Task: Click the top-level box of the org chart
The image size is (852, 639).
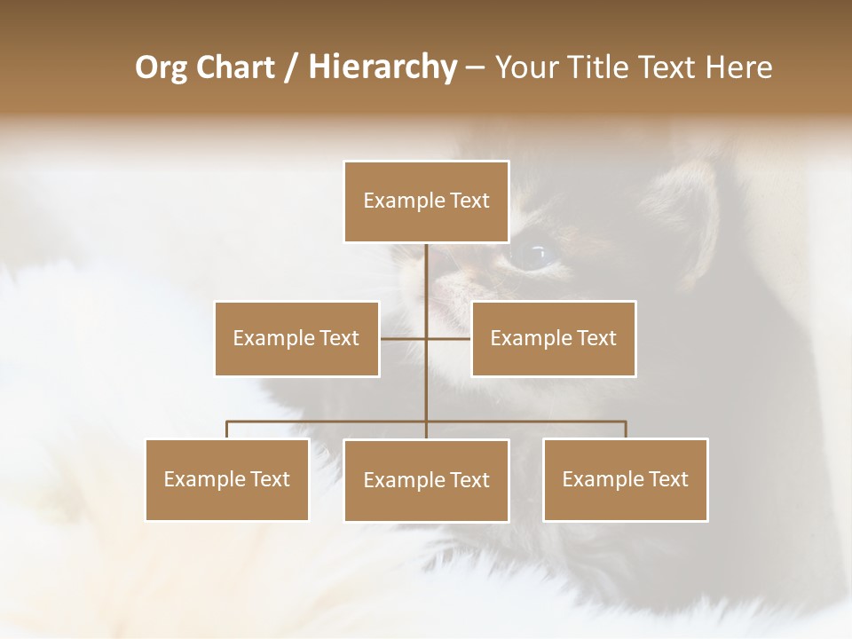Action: pyautogui.click(x=426, y=201)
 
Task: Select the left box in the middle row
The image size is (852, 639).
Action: pyautogui.click(x=296, y=338)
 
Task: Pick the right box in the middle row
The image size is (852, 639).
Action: pyautogui.click(x=553, y=338)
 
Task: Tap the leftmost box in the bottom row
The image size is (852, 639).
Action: pyautogui.click(x=227, y=479)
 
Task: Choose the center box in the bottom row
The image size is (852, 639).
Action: pyautogui.click(x=426, y=480)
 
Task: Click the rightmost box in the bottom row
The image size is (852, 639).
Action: pyautogui.click(x=625, y=479)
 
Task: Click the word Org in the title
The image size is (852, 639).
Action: pyautogui.click(x=162, y=67)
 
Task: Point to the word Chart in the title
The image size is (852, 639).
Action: pyautogui.click(x=235, y=67)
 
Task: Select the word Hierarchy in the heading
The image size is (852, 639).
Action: pyautogui.click(x=382, y=67)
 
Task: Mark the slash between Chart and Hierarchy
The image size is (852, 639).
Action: pyautogui.click(x=292, y=68)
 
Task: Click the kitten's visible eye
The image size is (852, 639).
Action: pyautogui.click(x=533, y=256)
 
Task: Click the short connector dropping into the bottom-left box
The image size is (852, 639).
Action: pyautogui.click(x=227, y=430)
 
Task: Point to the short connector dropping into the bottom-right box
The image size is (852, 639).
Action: pyautogui.click(x=626, y=430)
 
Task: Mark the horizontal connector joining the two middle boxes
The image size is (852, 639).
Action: pyautogui.click(x=426, y=338)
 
